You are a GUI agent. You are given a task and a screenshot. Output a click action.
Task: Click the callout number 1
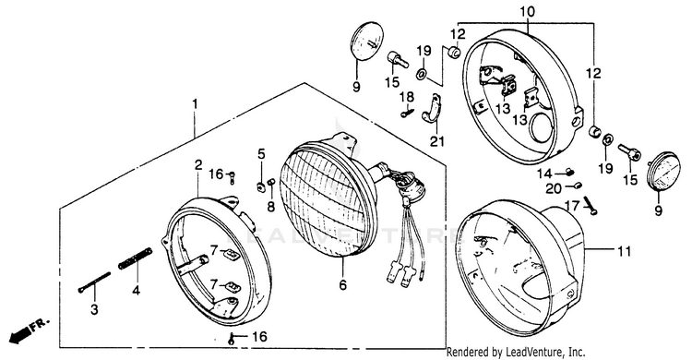click(195, 104)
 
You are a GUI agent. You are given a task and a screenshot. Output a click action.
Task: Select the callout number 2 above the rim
click(198, 165)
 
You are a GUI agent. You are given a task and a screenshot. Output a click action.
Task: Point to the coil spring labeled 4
click(136, 258)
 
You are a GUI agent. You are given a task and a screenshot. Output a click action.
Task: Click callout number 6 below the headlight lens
click(343, 285)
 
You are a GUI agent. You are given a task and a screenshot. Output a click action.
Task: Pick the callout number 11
click(624, 251)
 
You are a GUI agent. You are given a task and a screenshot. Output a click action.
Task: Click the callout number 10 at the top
click(528, 11)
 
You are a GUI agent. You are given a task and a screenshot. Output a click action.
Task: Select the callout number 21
click(437, 141)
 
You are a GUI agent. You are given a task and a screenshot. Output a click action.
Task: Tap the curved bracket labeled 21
click(433, 113)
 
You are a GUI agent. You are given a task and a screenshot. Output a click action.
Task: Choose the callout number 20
click(554, 189)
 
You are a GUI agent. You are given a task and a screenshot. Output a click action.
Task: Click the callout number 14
click(545, 174)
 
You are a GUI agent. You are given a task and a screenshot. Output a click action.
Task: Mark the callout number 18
click(407, 97)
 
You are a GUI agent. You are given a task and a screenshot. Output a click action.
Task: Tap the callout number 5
click(262, 154)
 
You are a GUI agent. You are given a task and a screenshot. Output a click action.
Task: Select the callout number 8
click(270, 206)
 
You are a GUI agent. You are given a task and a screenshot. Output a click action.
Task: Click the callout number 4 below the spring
click(136, 290)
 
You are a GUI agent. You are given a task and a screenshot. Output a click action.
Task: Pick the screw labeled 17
click(591, 206)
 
